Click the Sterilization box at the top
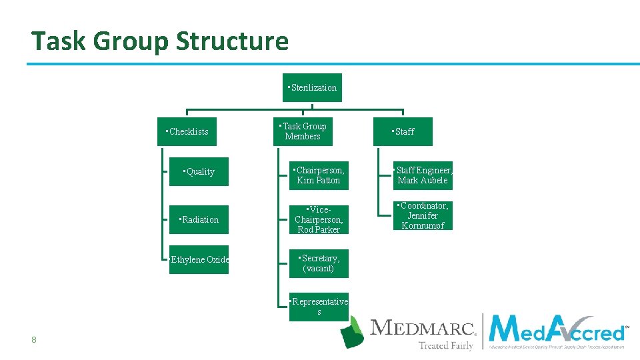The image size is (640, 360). [312, 87]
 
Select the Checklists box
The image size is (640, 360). [187, 131]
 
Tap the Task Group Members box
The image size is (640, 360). [303, 131]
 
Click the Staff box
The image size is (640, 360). [403, 131]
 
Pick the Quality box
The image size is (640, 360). [199, 172]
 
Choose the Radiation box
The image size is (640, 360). [199, 219]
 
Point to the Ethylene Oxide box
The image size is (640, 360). [199, 259]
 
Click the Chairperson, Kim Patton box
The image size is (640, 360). [319, 175]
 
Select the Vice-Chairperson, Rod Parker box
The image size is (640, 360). [319, 219]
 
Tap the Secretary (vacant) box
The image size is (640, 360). [319, 263]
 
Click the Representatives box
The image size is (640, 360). [319, 307]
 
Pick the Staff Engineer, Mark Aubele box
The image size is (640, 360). [423, 175]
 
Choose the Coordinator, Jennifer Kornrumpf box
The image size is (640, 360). [423, 215]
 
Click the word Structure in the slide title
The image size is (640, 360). [232, 41]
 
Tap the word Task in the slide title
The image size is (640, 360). [59, 41]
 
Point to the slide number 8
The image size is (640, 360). [33, 341]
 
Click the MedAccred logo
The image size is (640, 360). [557, 331]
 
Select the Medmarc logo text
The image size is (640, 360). [423, 328]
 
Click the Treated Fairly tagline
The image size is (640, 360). [445, 345]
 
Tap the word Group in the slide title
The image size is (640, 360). [131, 41]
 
